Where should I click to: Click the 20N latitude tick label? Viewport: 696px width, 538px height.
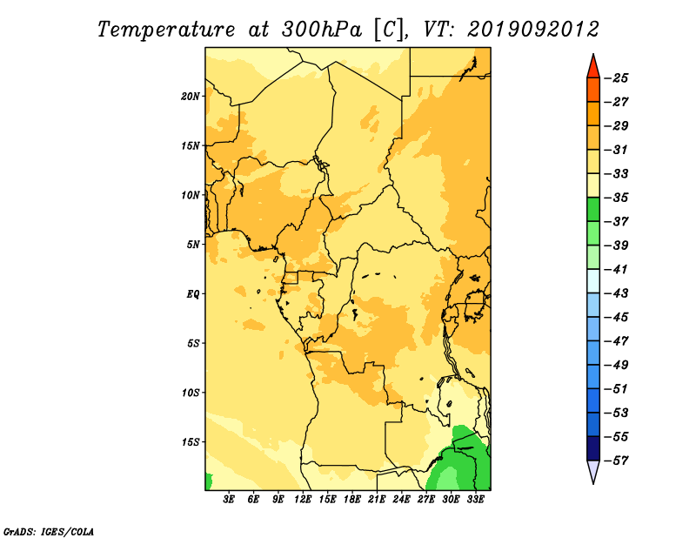(x=191, y=97)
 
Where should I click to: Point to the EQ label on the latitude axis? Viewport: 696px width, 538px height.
(x=193, y=294)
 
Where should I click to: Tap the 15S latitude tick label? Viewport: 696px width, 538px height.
(x=191, y=442)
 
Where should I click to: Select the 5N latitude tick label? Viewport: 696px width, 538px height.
(x=193, y=245)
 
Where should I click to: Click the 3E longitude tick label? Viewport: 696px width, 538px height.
(x=229, y=499)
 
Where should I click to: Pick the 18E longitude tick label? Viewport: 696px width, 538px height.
(x=352, y=499)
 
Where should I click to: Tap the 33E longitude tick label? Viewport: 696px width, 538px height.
(x=475, y=499)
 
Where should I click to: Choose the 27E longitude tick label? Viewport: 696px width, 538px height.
(x=426, y=499)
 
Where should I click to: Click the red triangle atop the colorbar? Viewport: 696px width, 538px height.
(x=593, y=68)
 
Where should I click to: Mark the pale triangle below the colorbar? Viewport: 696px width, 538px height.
(x=593, y=470)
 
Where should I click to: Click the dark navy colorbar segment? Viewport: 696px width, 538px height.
(x=593, y=448)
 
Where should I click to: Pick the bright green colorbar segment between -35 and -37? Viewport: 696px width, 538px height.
(x=593, y=210)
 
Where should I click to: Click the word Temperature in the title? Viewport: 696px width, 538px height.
(x=166, y=30)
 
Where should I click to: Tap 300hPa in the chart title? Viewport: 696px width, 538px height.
(x=321, y=30)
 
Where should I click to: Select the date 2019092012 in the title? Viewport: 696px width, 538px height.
(x=533, y=30)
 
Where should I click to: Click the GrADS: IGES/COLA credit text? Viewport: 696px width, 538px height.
(x=49, y=531)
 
